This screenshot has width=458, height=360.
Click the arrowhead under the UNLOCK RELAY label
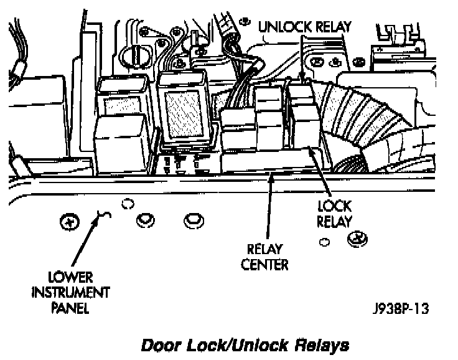[303, 78]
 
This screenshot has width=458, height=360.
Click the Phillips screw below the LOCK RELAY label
[357, 237]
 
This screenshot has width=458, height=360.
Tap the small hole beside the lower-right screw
[324, 241]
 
